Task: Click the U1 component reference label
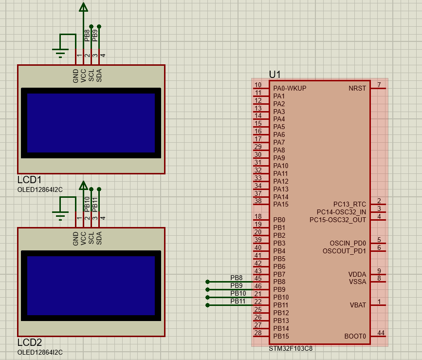point(275,74)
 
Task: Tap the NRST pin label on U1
point(357,88)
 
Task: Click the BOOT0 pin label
point(355,336)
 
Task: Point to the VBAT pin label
point(357,305)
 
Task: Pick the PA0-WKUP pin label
point(290,88)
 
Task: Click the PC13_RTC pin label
point(349,204)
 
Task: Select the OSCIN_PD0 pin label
point(348,243)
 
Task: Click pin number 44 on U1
point(381,333)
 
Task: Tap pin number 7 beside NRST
point(379,85)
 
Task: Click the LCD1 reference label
point(29,180)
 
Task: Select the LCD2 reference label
point(29,342)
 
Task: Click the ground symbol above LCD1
point(60,53)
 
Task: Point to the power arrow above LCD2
point(83,186)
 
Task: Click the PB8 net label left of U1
point(237,278)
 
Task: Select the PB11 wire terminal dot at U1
point(208,305)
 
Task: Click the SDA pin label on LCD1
point(99,76)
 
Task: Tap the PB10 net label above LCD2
point(88,203)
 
